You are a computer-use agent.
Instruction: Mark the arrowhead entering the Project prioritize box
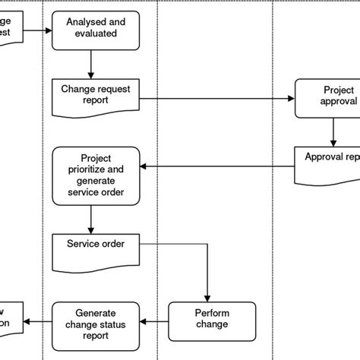click(x=146, y=166)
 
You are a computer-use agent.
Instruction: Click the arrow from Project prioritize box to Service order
click(x=91, y=218)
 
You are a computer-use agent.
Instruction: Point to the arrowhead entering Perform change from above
click(x=207, y=297)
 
